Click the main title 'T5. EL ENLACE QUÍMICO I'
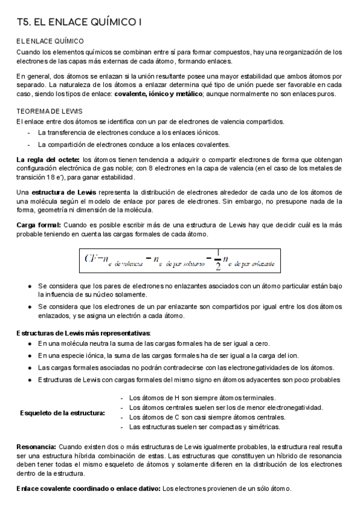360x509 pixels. tap(79, 23)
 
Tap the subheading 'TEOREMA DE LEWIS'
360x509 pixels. tap(49, 112)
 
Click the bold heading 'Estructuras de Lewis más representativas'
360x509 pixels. tap(83, 333)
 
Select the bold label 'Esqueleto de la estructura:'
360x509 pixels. tap(62, 412)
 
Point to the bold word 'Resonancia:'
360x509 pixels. tap(37, 447)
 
